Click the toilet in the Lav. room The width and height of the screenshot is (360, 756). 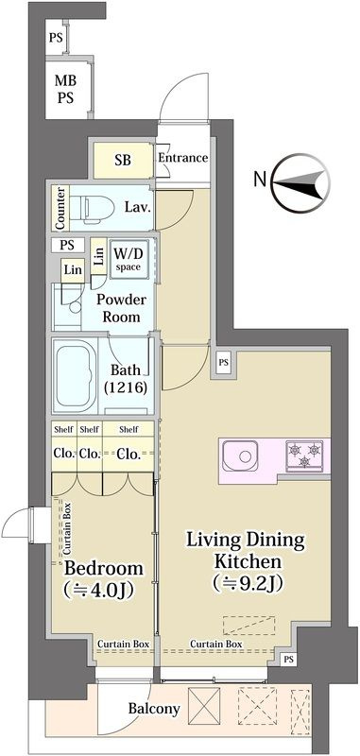click(x=96, y=208)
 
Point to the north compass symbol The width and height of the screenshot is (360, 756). click(x=300, y=183)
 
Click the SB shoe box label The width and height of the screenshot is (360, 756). click(x=123, y=160)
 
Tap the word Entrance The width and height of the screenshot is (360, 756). click(x=183, y=158)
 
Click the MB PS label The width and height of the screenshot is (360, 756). click(x=65, y=89)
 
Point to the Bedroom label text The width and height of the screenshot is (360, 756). click(x=104, y=569)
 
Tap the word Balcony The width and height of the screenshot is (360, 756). click(x=154, y=709)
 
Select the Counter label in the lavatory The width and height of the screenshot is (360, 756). click(x=60, y=208)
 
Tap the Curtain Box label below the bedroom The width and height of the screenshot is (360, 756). click(x=124, y=644)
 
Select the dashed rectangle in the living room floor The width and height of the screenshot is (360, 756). click(x=249, y=626)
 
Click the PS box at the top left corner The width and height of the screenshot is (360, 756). click(x=56, y=37)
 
